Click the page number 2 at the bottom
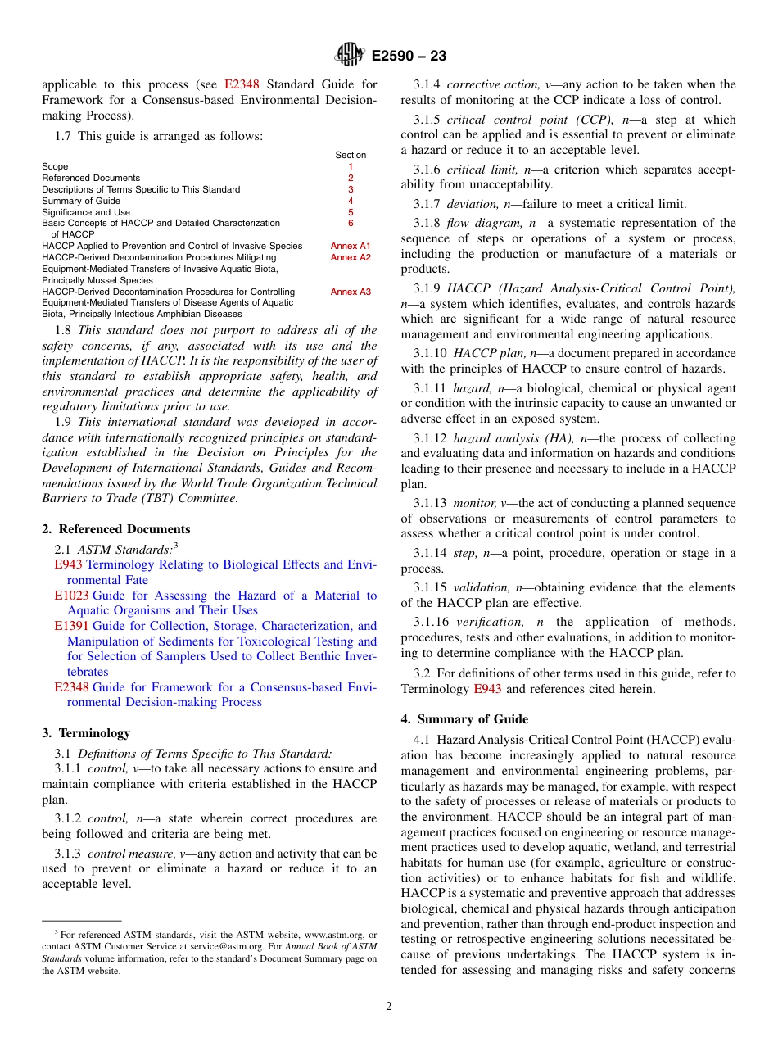(389, 1007)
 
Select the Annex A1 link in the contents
(351, 246)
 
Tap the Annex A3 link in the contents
(351, 292)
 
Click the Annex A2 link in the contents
(351, 257)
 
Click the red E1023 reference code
(71, 596)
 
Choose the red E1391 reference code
(71, 627)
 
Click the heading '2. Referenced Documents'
(115, 529)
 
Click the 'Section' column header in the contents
(351, 155)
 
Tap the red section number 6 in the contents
(351, 223)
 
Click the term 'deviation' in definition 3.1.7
(472, 204)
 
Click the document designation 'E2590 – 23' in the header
(409, 56)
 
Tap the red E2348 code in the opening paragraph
(242, 84)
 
